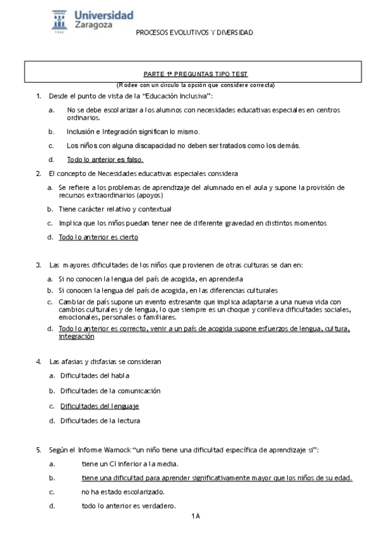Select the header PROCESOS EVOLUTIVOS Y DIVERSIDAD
point(194,32)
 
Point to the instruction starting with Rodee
point(195,85)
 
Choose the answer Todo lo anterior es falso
point(105,160)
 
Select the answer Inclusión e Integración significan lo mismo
point(133,131)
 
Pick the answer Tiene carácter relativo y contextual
point(115,209)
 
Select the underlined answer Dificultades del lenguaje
point(99,406)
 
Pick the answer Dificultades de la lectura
point(100,420)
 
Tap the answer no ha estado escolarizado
point(123,491)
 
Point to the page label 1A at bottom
point(195,517)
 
